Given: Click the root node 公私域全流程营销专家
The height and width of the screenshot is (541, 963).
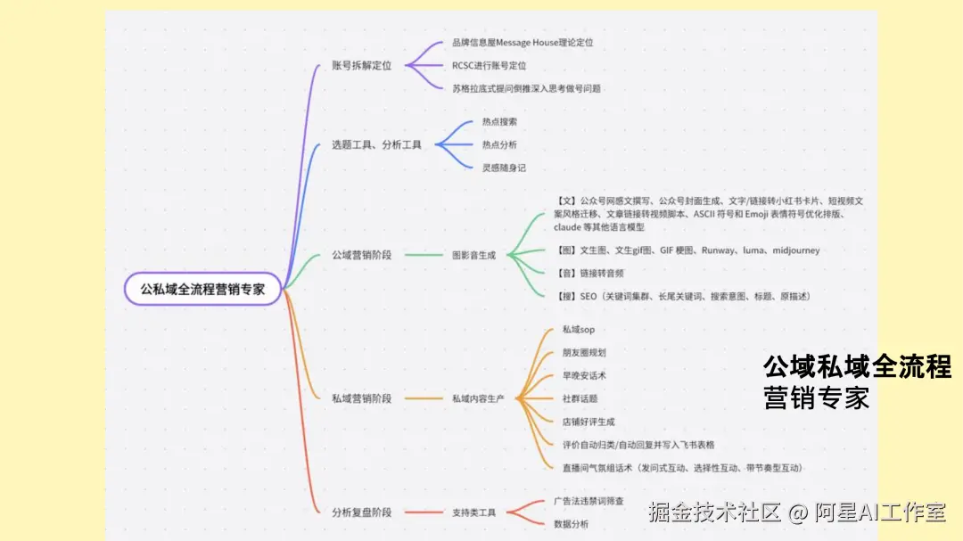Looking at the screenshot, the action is (x=203, y=289).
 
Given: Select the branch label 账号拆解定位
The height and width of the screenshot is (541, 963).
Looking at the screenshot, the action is (x=361, y=65).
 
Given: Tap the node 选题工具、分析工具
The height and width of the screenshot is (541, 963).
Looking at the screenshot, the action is (x=376, y=144).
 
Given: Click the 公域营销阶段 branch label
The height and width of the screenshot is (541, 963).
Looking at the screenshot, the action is (x=361, y=255).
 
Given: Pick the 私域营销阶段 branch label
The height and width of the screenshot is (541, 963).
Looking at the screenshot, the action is (x=361, y=398).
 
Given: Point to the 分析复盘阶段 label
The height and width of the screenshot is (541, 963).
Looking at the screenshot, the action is (x=361, y=512).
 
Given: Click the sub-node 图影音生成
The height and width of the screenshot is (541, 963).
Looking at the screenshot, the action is (x=473, y=255).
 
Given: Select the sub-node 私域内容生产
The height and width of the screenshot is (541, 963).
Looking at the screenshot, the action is (x=478, y=398).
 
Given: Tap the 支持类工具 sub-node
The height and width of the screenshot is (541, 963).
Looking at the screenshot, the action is (x=473, y=512).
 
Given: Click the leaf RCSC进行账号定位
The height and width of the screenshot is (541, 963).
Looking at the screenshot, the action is (x=489, y=65).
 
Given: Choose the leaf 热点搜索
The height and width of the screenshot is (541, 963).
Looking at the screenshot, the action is (x=499, y=121).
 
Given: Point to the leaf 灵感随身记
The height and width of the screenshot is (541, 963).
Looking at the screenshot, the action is (x=504, y=168).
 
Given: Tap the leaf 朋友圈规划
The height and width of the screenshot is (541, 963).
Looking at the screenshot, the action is (x=584, y=353).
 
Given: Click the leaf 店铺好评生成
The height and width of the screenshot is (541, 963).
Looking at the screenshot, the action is (x=588, y=422).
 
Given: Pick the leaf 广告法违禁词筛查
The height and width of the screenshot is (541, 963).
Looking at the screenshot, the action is (x=588, y=501).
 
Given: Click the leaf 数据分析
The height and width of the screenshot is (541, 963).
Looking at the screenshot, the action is (x=571, y=524).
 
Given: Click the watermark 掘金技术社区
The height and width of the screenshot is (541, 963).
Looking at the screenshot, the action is (x=714, y=512).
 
